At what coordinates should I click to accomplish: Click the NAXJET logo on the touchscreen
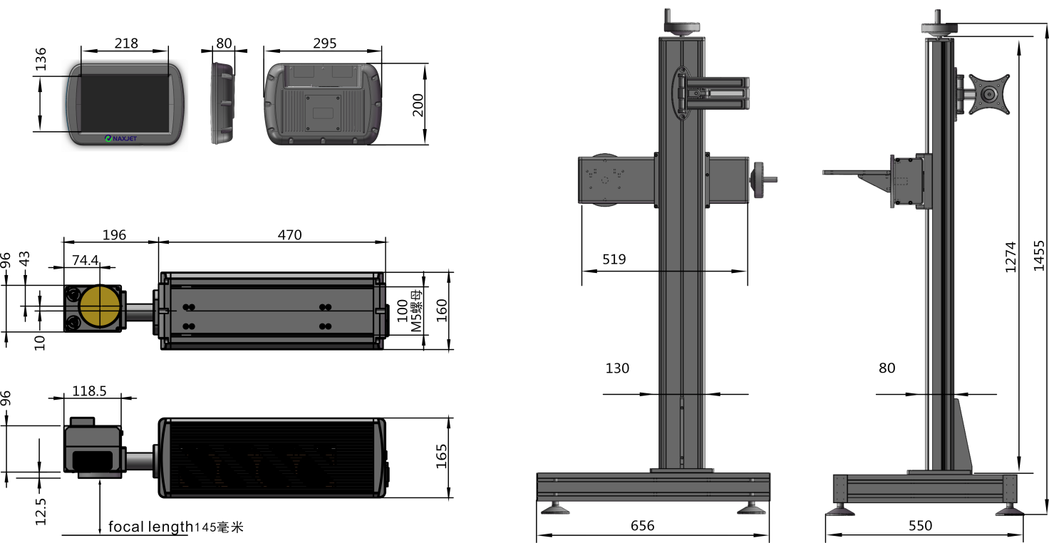(x=121, y=138)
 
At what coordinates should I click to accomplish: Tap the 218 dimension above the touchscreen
(x=126, y=43)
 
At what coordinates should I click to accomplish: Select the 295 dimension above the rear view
(x=324, y=43)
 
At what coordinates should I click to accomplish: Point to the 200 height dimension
(x=418, y=105)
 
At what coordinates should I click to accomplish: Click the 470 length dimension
(x=289, y=234)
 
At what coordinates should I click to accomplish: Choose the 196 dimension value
(x=114, y=234)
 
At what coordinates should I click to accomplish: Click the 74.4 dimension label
(x=86, y=260)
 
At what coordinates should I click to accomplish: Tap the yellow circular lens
(x=100, y=307)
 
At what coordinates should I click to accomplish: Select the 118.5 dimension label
(x=89, y=391)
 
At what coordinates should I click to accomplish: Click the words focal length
(x=150, y=527)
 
